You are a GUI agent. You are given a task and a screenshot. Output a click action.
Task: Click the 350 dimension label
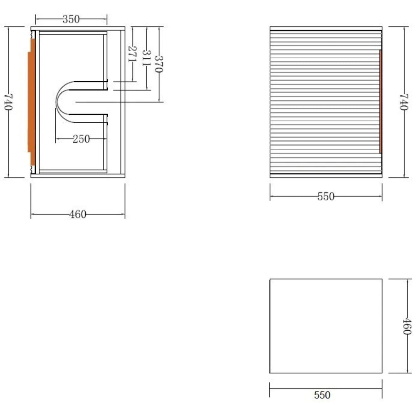pos(71,19)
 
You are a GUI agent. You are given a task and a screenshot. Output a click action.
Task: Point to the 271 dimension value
pos(132,54)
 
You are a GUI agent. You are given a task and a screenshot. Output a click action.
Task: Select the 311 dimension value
pos(146,58)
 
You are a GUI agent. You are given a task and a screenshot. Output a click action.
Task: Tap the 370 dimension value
pos(158,64)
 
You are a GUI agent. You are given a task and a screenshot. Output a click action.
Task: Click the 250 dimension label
pos(81,139)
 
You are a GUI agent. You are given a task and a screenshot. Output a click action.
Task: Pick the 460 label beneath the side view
pos(78,214)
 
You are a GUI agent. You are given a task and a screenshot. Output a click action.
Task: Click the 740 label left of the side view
pos(8,102)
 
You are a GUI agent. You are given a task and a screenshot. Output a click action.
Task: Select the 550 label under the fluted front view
pos(326,196)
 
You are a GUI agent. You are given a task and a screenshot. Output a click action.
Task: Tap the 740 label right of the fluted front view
pos(404,102)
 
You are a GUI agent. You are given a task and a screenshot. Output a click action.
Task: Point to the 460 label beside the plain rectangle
pos(407,326)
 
